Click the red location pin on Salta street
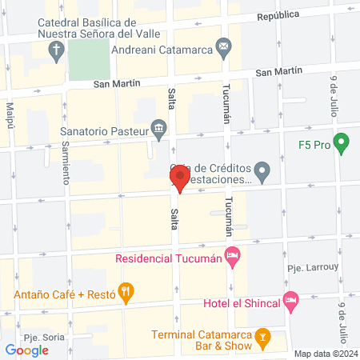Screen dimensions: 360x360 (180, 177)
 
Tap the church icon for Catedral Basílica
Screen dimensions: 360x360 (56, 53)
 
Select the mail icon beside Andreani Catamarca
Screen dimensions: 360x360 (223, 46)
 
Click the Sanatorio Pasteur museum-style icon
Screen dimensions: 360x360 (158, 127)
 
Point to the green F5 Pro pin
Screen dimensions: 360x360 (342, 144)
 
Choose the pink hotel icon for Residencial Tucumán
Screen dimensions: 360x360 (232, 257)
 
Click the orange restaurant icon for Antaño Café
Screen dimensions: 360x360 (126, 294)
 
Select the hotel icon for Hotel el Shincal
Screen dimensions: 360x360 (291, 302)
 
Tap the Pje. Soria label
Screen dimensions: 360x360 (42, 338)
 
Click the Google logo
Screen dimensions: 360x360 (26, 350)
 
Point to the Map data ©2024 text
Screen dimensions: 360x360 (325, 354)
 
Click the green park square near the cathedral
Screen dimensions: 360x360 (88, 58)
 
